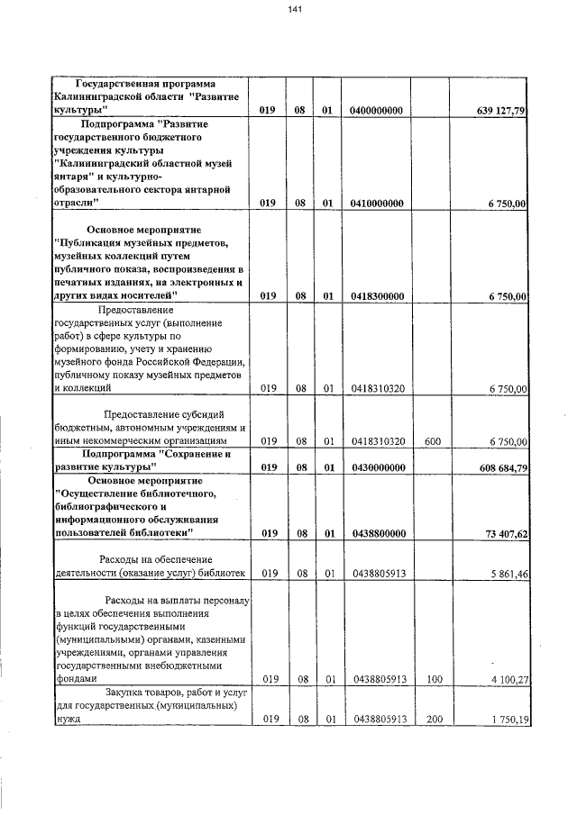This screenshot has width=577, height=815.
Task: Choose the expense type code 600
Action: (433, 441)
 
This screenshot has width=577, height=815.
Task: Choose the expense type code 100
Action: (433, 680)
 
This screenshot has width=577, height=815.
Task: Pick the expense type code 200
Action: (433, 720)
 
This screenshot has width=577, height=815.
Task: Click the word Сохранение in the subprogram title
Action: (197, 454)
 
